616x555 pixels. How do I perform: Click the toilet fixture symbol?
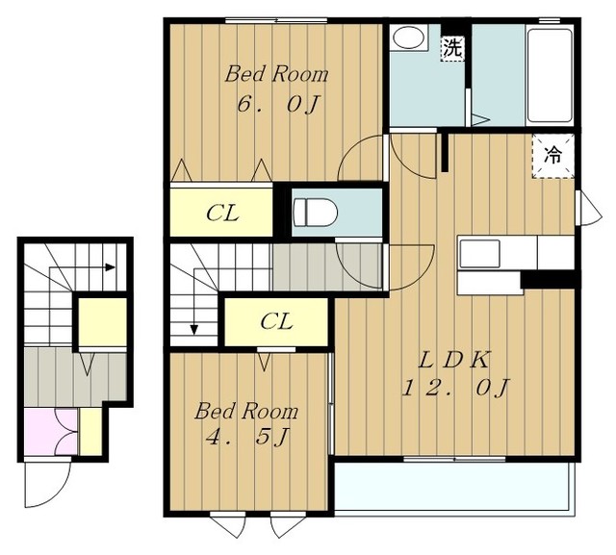coord(316,213)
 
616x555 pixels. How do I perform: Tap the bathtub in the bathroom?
coord(550,75)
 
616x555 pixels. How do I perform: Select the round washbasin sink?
coord(408,38)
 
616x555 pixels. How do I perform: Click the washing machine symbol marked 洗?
coord(452,49)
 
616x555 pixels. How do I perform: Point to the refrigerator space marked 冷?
coord(553,156)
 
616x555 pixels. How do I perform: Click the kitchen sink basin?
coord(479,254)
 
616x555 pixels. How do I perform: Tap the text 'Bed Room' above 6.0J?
coord(276,75)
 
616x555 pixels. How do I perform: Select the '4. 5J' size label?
coord(248,437)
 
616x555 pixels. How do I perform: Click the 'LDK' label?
coord(453,360)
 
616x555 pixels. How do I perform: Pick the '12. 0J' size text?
coord(455,388)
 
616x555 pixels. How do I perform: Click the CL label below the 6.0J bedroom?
coord(222,214)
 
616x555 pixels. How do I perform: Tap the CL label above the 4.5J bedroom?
coord(276,322)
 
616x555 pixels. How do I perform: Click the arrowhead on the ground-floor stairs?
coord(110,267)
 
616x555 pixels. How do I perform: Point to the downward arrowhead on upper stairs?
coord(193,330)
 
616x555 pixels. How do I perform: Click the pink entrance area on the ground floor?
coord(51,432)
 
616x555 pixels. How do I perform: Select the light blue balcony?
coord(451,487)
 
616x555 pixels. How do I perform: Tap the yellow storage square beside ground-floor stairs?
coord(103,322)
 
